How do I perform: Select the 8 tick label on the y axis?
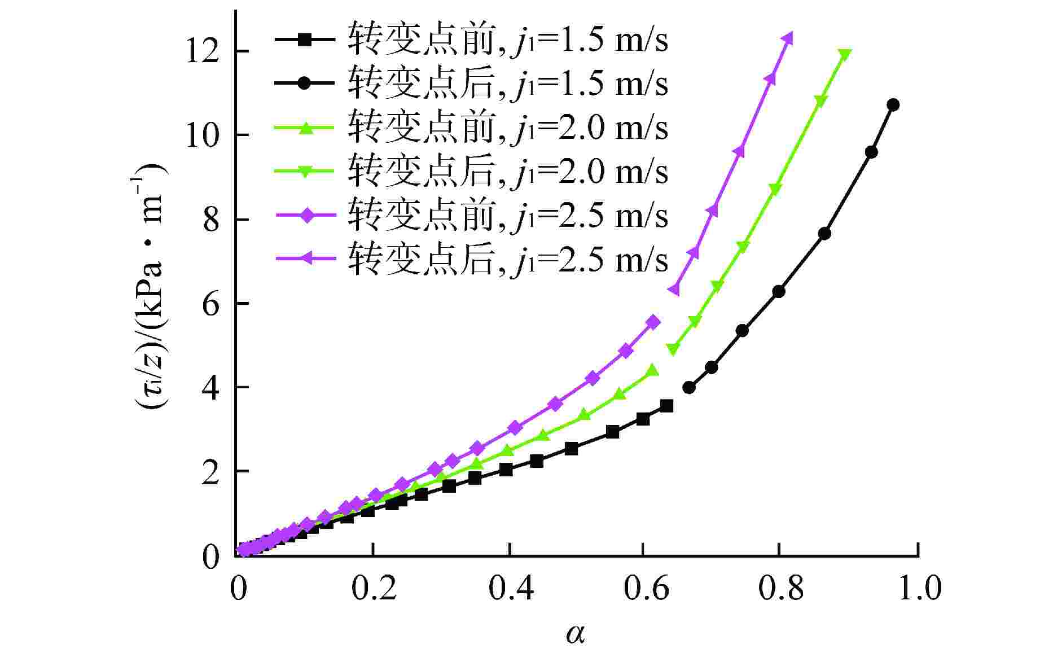click(x=210, y=219)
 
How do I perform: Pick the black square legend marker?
click(x=304, y=40)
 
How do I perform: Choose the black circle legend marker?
click(x=304, y=83)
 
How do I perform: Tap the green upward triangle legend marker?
click(x=304, y=128)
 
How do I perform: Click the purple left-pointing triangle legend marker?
click(x=304, y=258)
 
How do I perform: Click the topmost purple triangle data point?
click(x=788, y=38)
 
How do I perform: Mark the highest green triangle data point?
click(x=845, y=55)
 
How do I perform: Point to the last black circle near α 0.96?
click(x=893, y=104)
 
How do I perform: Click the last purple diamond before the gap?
click(x=653, y=322)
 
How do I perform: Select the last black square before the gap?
click(x=666, y=405)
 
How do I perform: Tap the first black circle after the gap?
click(x=689, y=387)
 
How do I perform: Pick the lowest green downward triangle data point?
click(x=673, y=349)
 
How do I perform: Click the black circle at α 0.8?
click(x=779, y=291)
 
